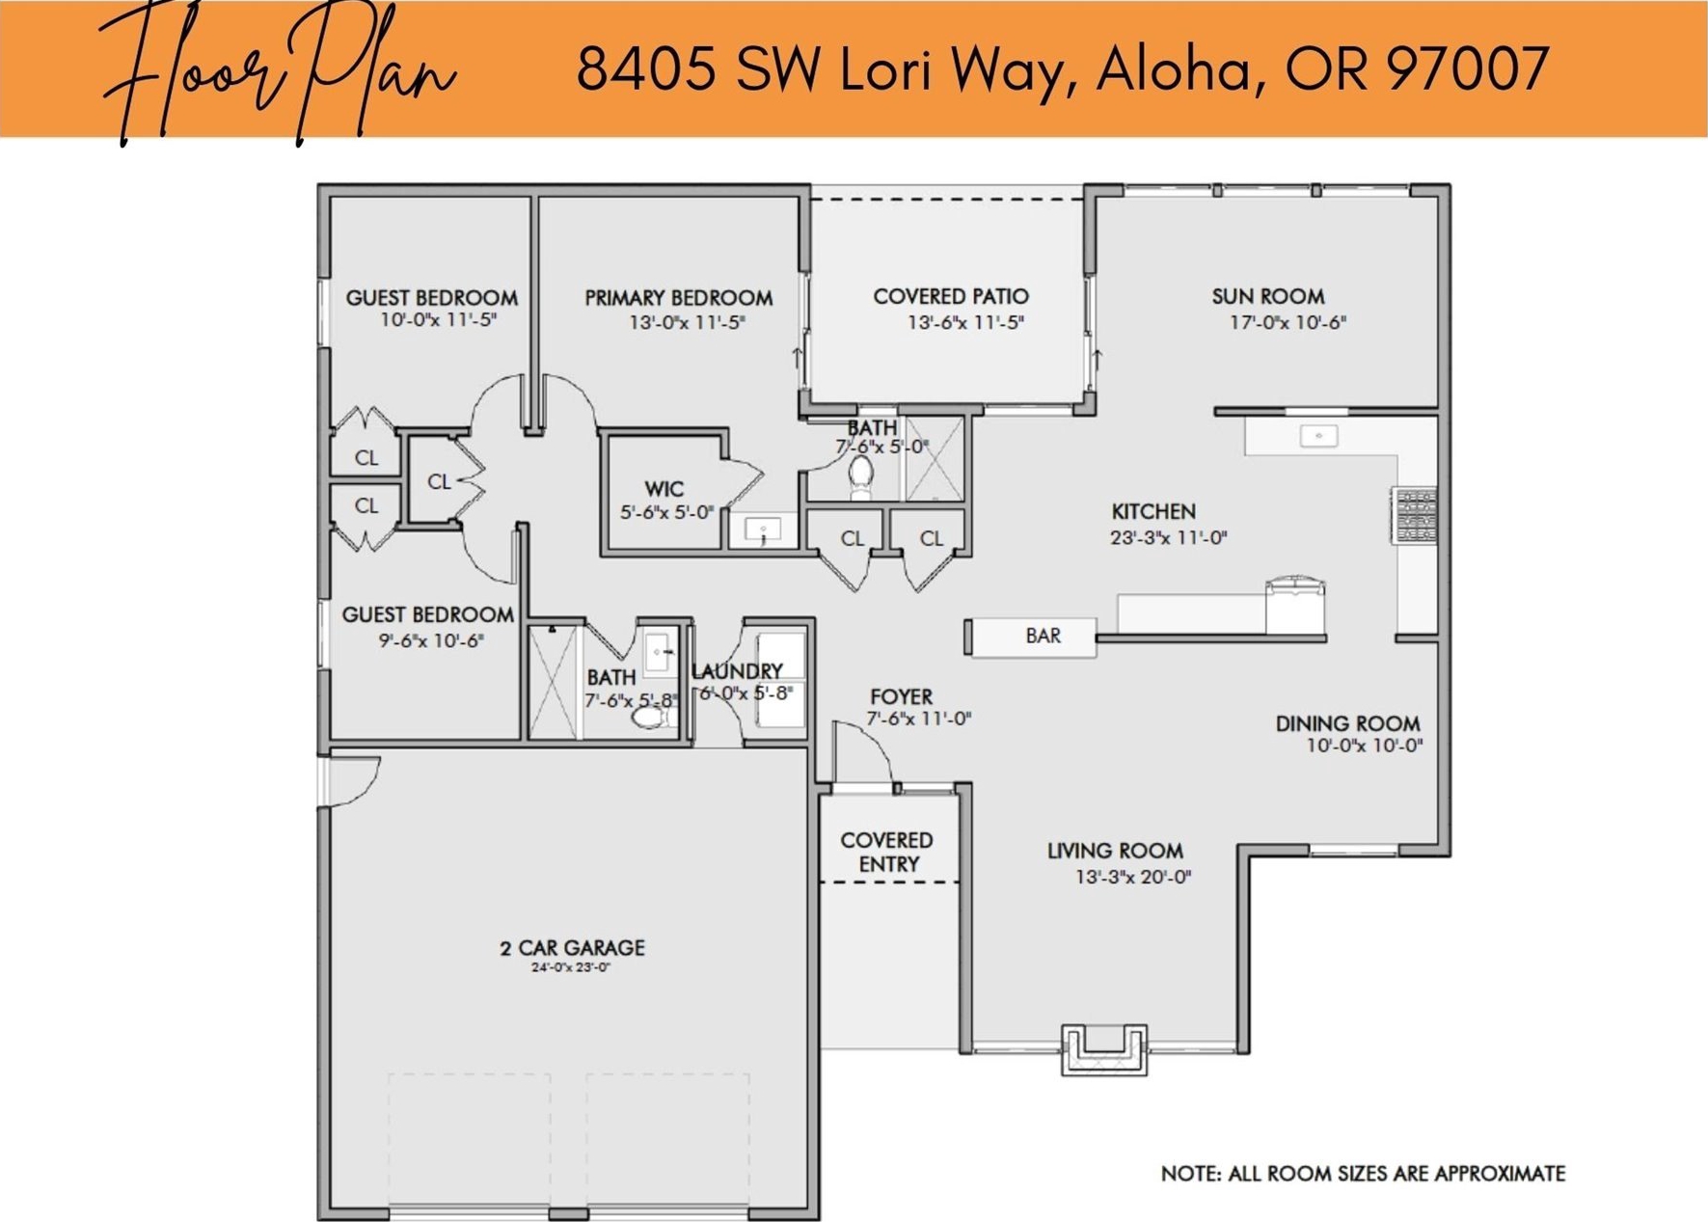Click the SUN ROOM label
[x=1267, y=296]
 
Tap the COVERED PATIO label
[x=951, y=296]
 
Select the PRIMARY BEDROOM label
[x=678, y=298]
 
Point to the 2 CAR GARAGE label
[x=572, y=948]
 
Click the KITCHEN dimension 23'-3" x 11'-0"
[x=1168, y=538]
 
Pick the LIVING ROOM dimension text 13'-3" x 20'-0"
[x=1133, y=877]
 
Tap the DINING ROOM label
[x=1347, y=723]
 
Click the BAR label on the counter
[x=1043, y=636]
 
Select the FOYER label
[x=901, y=696]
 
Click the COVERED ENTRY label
[x=887, y=853]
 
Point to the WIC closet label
[x=664, y=489]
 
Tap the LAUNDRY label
[x=738, y=671]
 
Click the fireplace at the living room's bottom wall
[x=1104, y=1049]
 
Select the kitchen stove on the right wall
[x=1414, y=515]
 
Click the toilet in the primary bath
[x=860, y=475]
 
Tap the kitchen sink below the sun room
[x=1318, y=436]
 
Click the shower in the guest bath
[x=553, y=682]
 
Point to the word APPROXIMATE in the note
[x=1499, y=1174]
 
